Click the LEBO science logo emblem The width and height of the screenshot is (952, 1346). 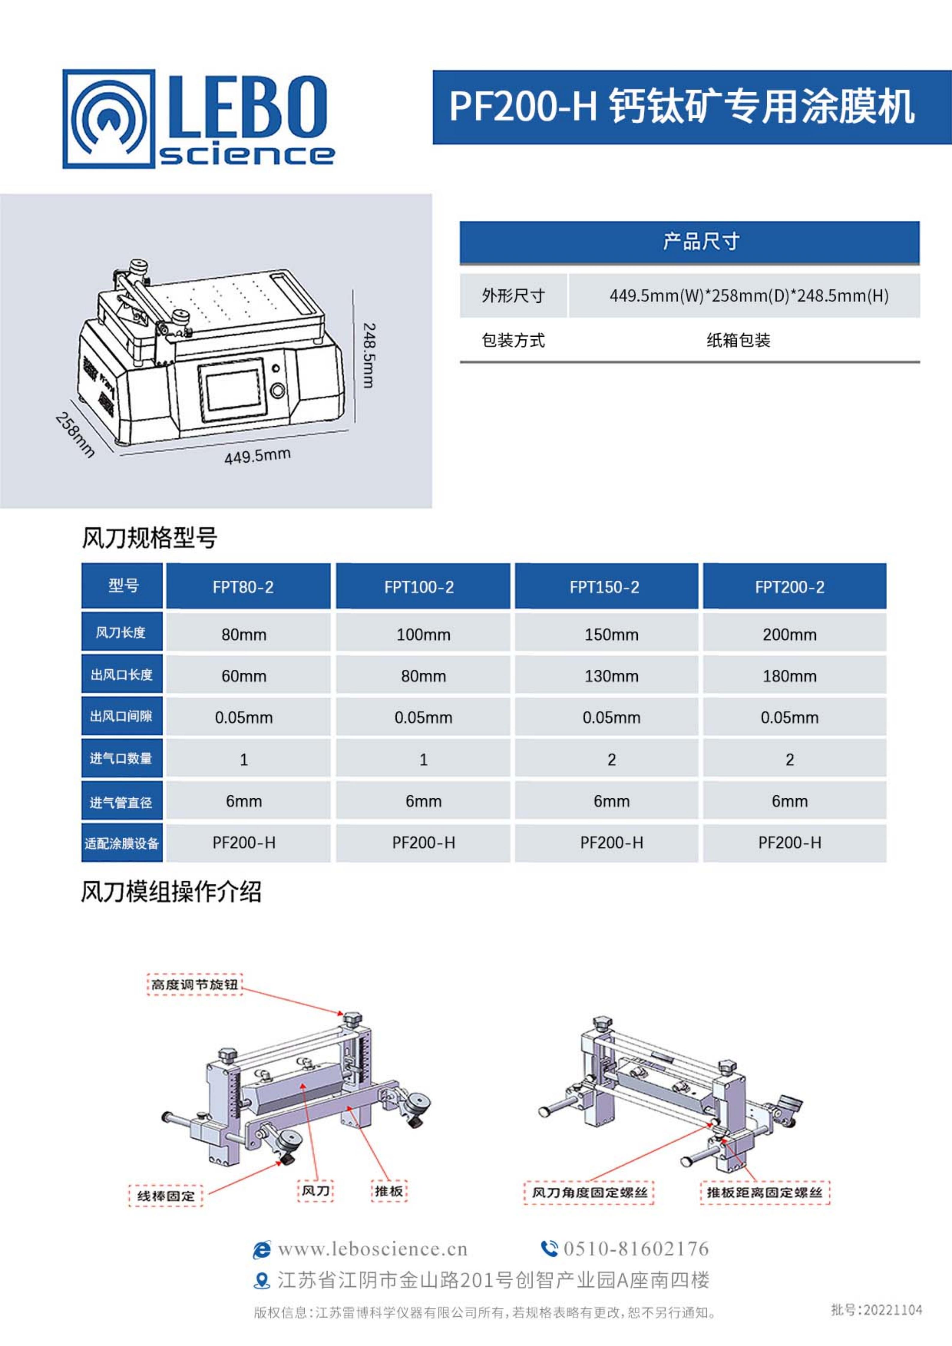click(109, 119)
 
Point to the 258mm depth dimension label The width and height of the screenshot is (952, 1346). click(74, 434)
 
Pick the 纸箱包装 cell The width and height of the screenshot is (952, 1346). click(738, 340)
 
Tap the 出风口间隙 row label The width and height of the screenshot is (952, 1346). click(121, 716)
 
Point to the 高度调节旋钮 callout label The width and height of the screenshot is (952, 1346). click(194, 984)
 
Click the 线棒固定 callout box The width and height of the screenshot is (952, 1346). click(166, 1195)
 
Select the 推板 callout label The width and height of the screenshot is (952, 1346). click(389, 1191)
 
